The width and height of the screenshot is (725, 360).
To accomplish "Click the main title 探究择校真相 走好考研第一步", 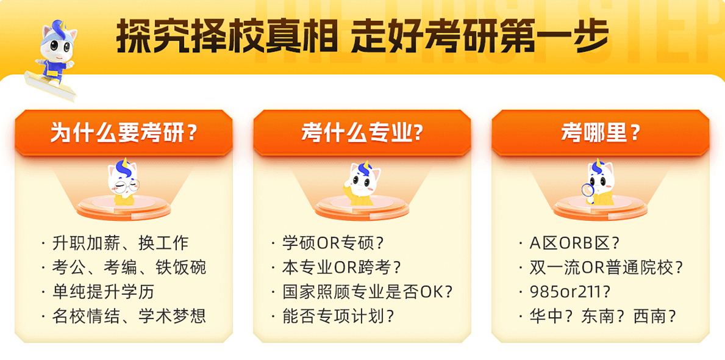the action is click(362, 36).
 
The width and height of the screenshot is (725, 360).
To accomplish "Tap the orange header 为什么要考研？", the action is click(124, 133).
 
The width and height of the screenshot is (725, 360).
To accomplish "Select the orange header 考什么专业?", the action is click(362, 133).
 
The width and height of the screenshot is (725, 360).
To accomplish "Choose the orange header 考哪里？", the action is click(601, 133).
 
